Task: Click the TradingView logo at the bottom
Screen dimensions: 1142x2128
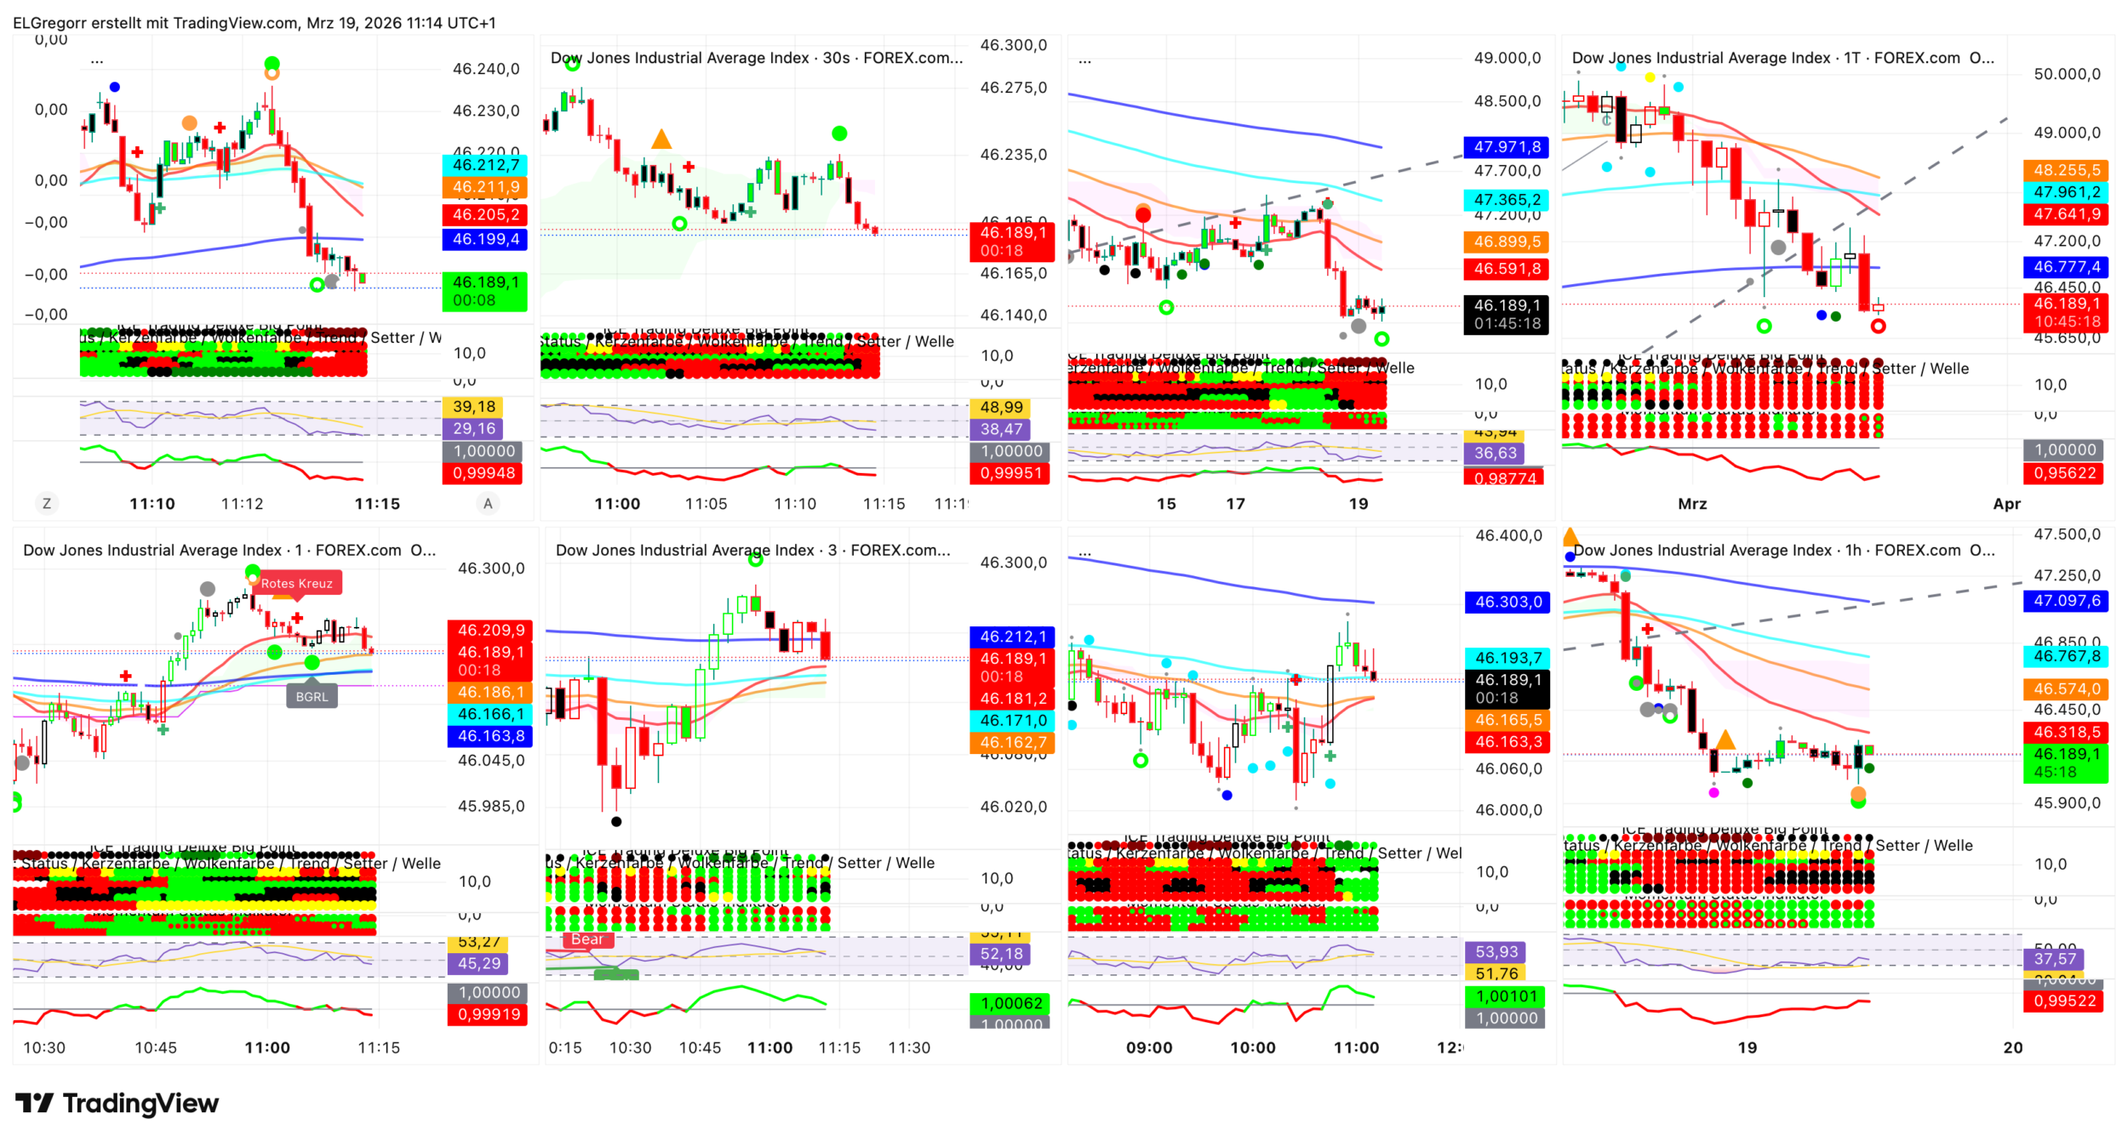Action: (x=117, y=1104)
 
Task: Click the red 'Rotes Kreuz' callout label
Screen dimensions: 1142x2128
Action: (x=296, y=583)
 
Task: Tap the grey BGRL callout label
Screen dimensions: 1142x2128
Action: (x=312, y=696)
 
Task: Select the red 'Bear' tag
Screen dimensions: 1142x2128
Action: (x=586, y=939)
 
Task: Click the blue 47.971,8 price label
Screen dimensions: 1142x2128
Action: (x=1506, y=147)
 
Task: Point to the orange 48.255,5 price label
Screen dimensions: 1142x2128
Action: (x=2066, y=170)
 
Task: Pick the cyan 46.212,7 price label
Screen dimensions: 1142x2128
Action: (x=485, y=165)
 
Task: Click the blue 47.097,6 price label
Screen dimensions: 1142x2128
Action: (x=2066, y=601)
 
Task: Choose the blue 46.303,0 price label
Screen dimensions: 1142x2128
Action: (x=1507, y=602)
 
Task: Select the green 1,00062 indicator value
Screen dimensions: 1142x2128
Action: (x=1010, y=1003)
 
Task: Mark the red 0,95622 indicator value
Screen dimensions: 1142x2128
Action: (x=2064, y=473)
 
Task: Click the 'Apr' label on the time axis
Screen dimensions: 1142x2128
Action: (x=2006, y=504)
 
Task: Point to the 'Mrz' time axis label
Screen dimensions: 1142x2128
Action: (x=1692, y=504)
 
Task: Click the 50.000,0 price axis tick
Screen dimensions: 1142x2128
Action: (x=2067, y=74)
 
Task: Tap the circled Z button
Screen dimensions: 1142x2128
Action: (x=47, y=504)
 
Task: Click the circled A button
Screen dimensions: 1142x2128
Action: (x=488, y=504)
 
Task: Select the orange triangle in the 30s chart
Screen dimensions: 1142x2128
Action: (x=661, y=140)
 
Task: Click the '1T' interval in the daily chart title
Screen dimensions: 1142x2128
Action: (x=1852, y=58)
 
